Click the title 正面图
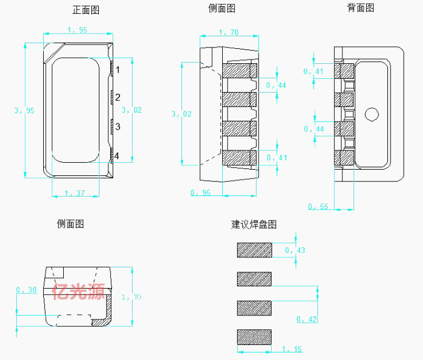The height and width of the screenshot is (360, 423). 86,10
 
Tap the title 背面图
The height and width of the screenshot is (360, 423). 360,8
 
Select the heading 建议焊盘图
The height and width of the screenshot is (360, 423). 254,225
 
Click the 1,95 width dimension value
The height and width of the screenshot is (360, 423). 77,30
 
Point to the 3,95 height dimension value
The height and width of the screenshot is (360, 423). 24,110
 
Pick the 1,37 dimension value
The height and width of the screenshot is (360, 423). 74,193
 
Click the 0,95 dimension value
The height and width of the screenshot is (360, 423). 200,193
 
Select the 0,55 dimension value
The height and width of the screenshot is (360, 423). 318,207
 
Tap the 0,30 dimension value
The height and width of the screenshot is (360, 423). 26,290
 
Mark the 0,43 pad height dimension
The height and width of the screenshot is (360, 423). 295,250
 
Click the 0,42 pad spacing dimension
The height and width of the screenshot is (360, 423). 307,319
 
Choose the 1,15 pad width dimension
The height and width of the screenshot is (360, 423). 292,349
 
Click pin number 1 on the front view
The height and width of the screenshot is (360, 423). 118,70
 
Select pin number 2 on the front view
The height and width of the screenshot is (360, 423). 118,98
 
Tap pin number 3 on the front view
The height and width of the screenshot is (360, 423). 118,126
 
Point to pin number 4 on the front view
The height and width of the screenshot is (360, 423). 116,156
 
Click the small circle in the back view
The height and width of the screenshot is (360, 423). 372,115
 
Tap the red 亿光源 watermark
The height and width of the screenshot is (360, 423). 78,292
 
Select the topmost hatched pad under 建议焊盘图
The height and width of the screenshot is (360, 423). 255,250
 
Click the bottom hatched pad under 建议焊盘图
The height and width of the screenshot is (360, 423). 254,337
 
